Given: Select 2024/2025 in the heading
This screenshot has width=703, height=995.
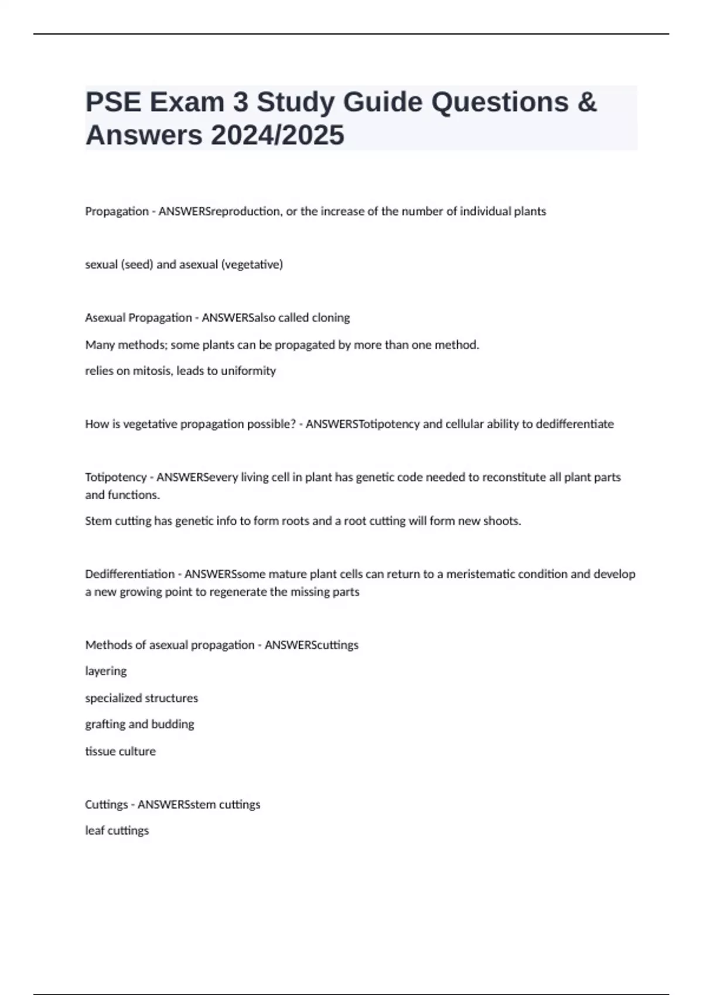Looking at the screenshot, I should click(x=278, y=135).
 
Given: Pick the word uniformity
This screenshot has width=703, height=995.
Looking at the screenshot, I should click(x=248, y=371).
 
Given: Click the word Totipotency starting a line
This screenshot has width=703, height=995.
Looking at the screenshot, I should click(x=115, y=477).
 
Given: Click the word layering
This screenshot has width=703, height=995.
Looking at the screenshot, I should click(x=106, y=671).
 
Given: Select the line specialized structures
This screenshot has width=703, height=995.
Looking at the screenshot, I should click(x=142, y=698).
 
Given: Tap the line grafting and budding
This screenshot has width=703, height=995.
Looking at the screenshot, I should click(x=139, y=724).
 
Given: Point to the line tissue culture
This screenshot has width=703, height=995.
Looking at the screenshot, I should click(x=121, y=751).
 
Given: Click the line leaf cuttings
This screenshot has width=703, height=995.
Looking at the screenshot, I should click(x=117, y=831).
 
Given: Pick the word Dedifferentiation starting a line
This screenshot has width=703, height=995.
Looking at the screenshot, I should click(x=129, y=574).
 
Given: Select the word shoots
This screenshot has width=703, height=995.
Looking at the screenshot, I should click(x=501, y=521).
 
